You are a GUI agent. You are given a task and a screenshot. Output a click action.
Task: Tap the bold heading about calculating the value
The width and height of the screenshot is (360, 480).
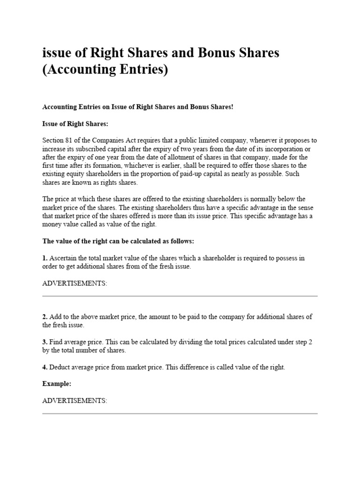(118, 241)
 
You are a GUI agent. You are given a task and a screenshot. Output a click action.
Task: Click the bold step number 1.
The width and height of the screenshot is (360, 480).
(45, 258)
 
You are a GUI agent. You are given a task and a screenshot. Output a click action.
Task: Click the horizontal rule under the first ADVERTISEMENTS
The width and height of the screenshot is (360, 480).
(180, 296)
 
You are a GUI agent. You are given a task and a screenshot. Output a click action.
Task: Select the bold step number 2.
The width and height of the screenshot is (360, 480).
(45, 317)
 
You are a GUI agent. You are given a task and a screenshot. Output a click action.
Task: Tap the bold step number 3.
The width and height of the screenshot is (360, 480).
(45, 342)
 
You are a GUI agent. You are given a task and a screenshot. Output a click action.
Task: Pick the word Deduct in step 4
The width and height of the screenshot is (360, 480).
(61, 367)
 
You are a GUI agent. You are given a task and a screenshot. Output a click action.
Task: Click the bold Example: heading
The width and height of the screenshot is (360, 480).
(57, 384)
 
